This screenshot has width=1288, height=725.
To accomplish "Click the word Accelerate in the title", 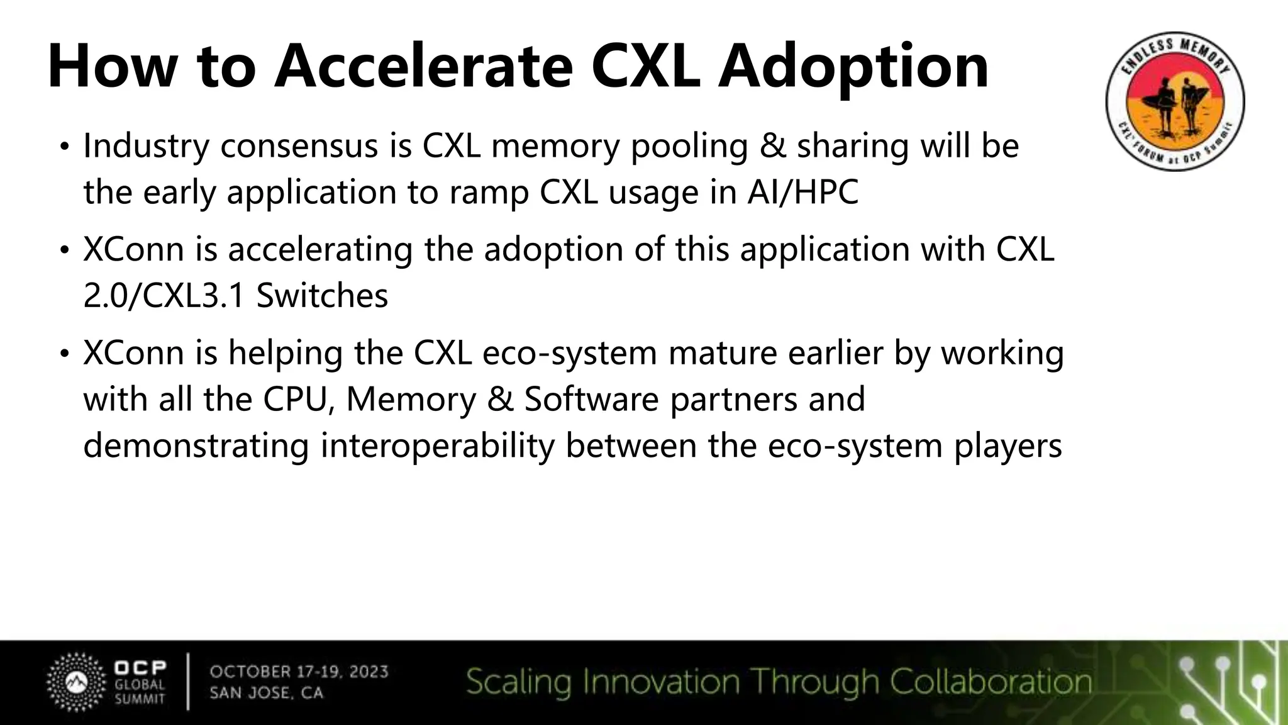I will click(x=423, y=67).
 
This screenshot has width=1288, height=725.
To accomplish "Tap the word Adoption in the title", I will click(x=853, y=67).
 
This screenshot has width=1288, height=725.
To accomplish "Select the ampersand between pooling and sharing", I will click(x=772, y=146).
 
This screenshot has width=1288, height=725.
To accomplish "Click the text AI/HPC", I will click(x=802, y=192).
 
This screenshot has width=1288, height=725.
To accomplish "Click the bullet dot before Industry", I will click(x=64, y=148).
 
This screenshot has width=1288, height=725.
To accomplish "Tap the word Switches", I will click(x=322, y=296).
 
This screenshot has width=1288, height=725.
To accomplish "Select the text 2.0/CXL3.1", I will click(x=164, y=296).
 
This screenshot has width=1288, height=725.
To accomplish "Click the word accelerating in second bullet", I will click(x=319, y=250).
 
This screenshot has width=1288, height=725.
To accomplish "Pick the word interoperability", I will click(x=438, y=446).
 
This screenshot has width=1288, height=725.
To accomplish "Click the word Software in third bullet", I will click(x=591, y=399).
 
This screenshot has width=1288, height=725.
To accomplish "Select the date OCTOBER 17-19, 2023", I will click(x=299, y=672).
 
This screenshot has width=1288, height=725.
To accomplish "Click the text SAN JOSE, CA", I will click(x=266, y=693).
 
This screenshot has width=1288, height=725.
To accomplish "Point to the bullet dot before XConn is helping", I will click(x=64, y=355).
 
